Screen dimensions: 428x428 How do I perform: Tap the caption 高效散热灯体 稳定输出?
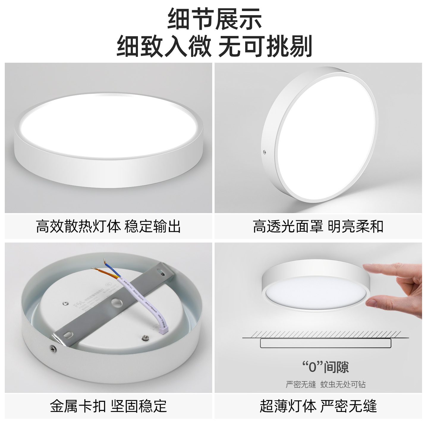(x=108, y=226)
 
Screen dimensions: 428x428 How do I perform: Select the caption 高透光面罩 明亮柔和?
(x=318, y=226)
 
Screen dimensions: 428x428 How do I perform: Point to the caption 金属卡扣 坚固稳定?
(x=108, y=406)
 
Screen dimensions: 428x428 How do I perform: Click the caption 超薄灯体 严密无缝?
(x=318, y=406)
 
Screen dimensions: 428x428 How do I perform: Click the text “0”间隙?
(x=325, y=367)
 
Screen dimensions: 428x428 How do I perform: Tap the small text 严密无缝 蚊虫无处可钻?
(x=325, y=384)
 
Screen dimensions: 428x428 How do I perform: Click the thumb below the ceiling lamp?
(x=372, y=303)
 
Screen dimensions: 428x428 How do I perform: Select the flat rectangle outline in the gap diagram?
(x=325, y=343)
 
